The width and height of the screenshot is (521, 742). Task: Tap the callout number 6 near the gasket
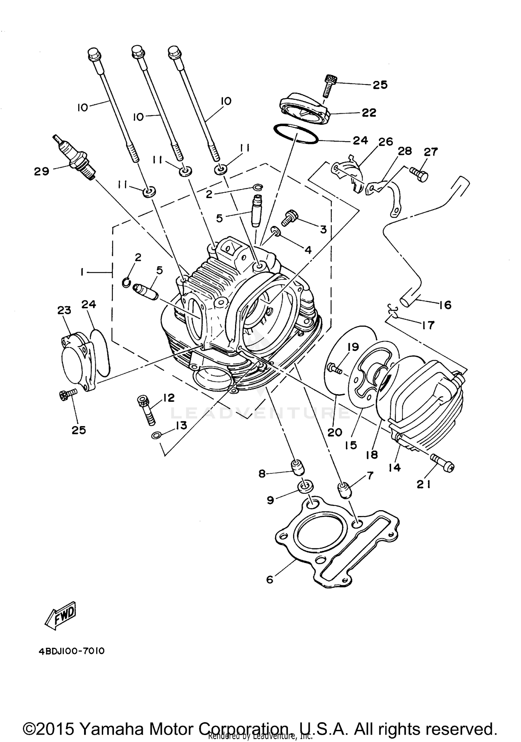click(x=270, y=579)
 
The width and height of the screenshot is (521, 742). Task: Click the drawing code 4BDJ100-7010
click(x=72, y=651)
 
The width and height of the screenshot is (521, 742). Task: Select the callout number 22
click(x=369, y=113)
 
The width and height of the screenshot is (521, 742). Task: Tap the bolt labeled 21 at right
click(x=443, y=464)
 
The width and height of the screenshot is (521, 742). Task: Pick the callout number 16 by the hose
click(x=445, y=305)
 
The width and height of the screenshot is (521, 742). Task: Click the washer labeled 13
click(x=156, y=435)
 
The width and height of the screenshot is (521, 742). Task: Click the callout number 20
click(x=335, y=432)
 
